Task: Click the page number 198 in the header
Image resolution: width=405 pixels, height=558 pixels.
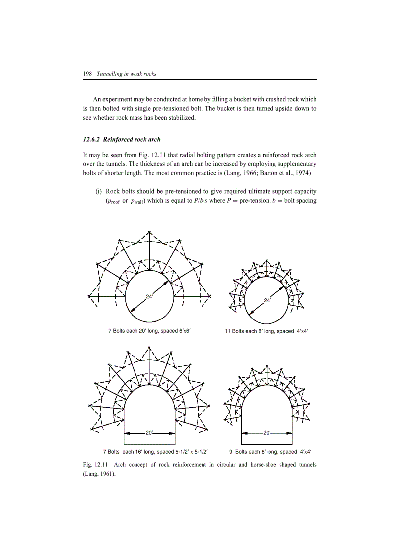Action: tap(87, 74)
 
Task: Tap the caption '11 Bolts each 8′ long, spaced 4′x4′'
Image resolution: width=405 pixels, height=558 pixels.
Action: tap(267, 331)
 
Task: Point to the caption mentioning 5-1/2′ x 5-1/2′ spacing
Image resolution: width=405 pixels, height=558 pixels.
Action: tap(155, 452)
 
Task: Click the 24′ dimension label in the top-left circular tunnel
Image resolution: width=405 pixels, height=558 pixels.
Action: tap(149, 296)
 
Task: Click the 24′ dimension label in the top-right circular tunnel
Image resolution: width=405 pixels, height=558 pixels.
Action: tap(267, 300)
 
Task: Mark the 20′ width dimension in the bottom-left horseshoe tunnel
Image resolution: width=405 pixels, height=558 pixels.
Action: tap(149, 433)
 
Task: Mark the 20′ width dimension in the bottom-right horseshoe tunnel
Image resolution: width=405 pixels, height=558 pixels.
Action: tap(267, 433)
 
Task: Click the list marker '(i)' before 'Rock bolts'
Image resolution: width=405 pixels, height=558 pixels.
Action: tap(99, 191)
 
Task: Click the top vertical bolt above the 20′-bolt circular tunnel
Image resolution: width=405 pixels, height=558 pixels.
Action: tap(149, 251)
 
